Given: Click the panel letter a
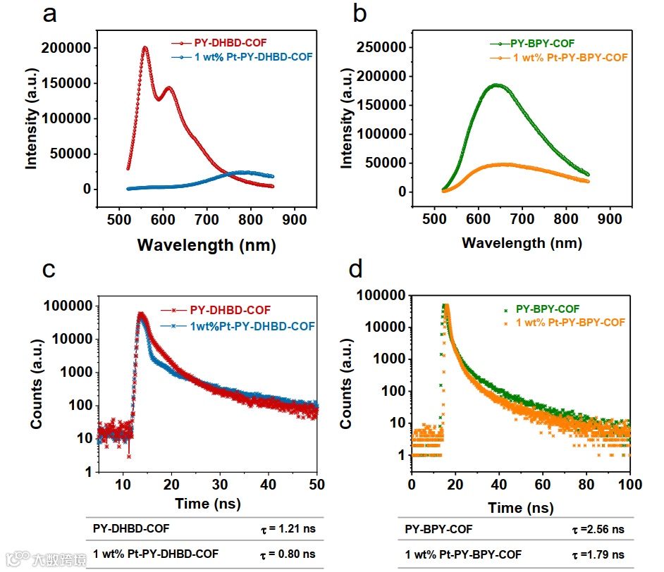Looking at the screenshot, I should [x=49, y=15].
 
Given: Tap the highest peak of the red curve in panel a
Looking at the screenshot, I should [x=145, y=48].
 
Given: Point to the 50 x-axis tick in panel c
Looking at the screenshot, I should [x=316, y=485].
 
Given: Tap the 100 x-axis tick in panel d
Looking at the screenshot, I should [x=629, y=485].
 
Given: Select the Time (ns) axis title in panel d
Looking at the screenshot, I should [x=522, y=507].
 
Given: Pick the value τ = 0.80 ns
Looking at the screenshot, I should [x=285, y=554].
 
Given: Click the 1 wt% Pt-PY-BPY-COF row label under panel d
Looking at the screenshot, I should [x=463, y=554].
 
